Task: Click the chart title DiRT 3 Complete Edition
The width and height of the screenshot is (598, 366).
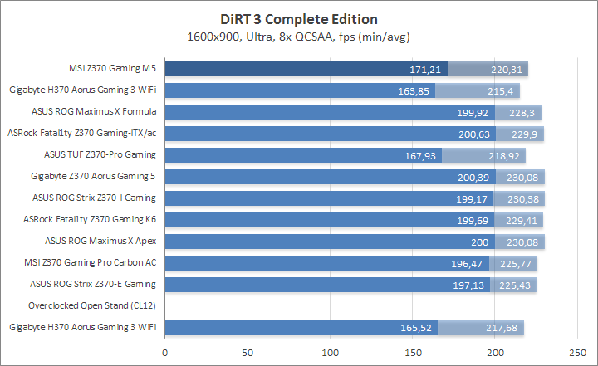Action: click(x=298, y=19)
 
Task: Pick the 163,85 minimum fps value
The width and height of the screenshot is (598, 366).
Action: click(x=413, y=90)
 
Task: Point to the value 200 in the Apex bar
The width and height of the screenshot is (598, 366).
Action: click(x=482, y=242)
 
